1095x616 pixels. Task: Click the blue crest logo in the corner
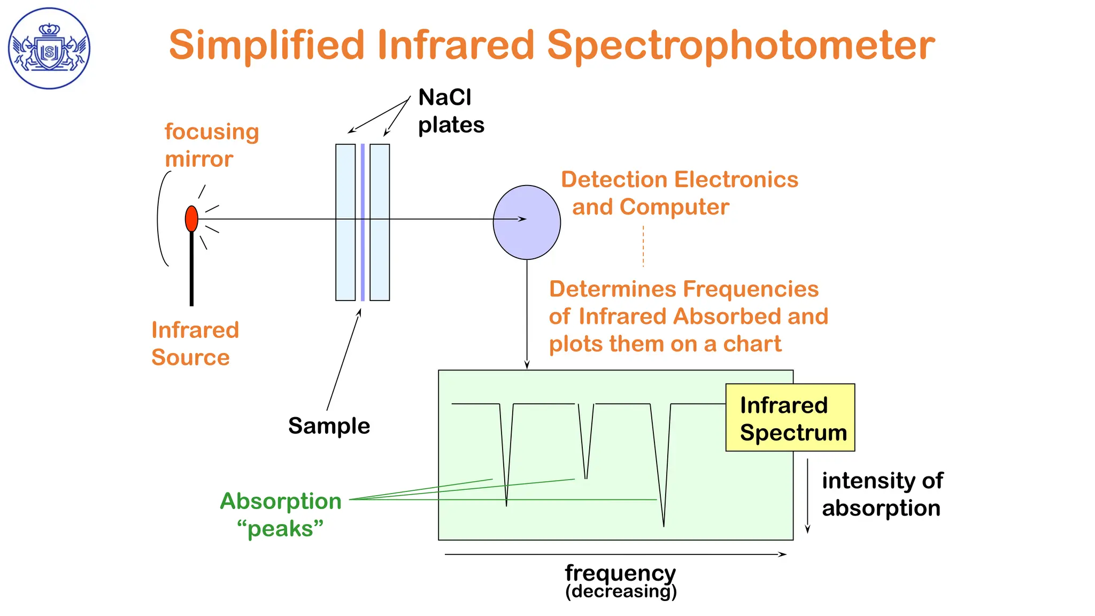click(49, 48)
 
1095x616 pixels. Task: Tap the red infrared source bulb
click(191, 218)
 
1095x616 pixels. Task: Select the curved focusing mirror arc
click(159, 219)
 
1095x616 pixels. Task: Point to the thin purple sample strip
click(363, 257)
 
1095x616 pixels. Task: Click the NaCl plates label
click(451, 111)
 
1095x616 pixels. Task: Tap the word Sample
click(329, 426)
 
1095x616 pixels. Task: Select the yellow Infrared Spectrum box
click(790, 418)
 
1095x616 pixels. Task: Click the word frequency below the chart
click(620, 573)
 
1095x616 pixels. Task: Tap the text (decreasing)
click(621, 591)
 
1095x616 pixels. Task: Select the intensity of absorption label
click(882, 494)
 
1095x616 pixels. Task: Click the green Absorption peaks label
click(281, 514)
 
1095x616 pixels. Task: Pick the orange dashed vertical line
click(643, 246)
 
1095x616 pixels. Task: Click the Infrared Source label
click(195, 343)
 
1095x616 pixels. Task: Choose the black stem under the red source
click(191, 273)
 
